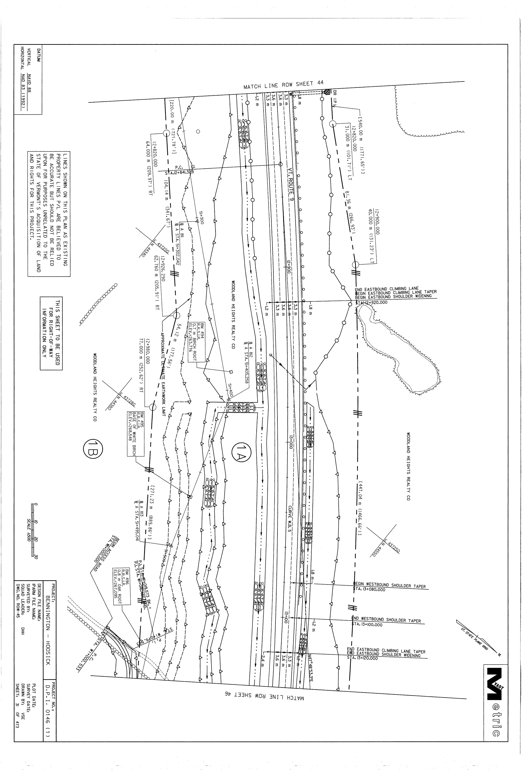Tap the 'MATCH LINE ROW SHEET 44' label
tap(283, 85)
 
